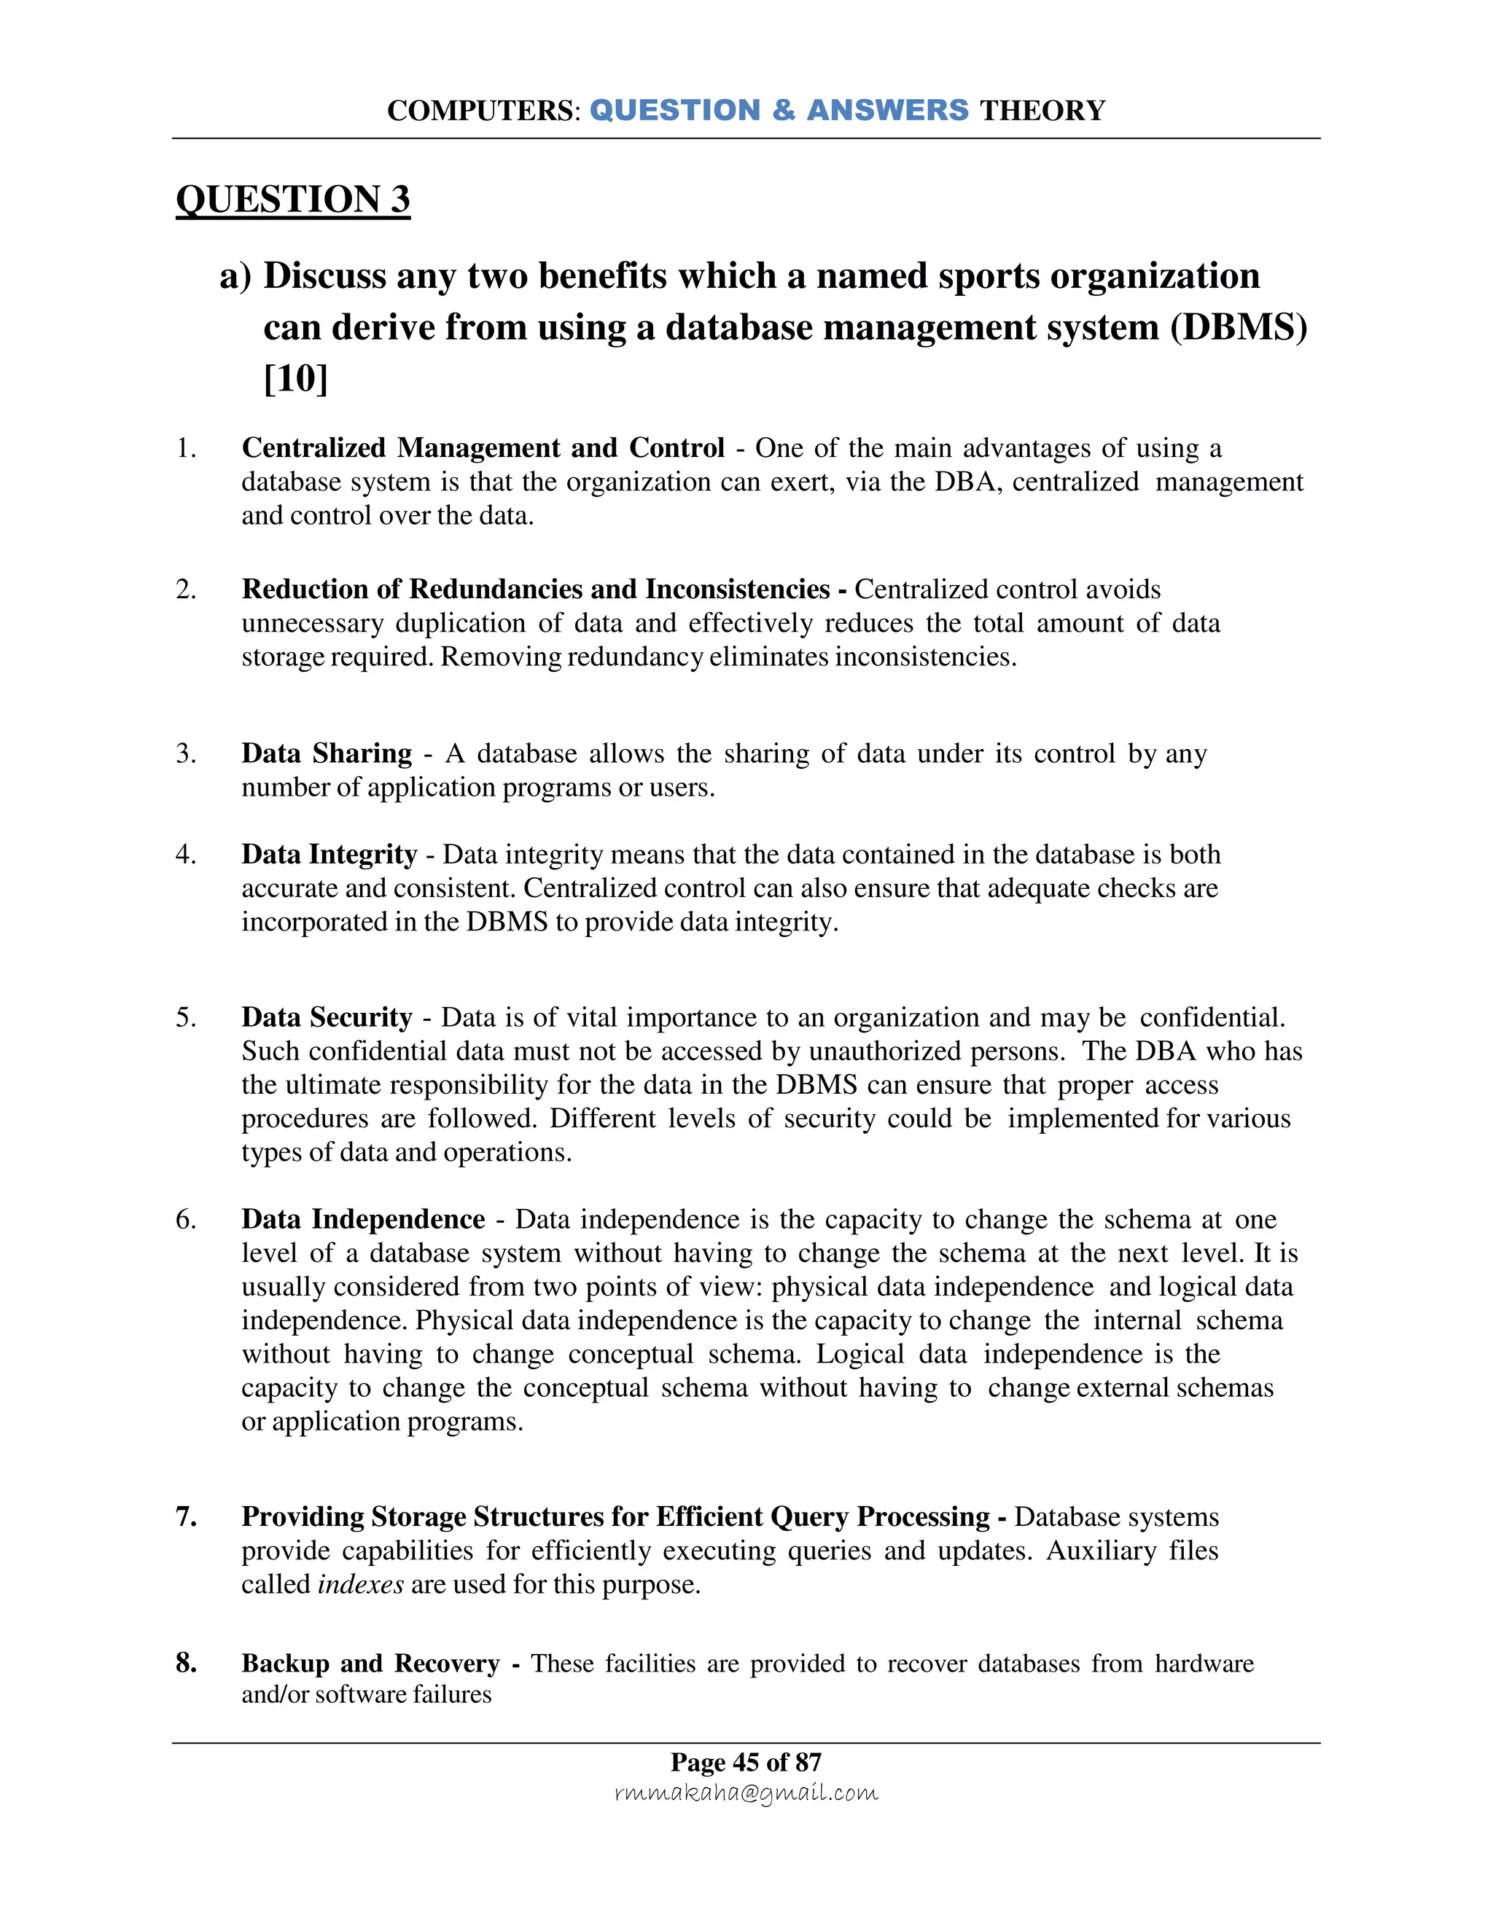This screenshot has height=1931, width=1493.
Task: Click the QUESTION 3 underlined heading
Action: tap(293, 199)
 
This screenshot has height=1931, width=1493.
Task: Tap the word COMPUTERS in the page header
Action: tap(482, 111)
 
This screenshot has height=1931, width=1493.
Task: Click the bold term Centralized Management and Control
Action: tap(483, 447)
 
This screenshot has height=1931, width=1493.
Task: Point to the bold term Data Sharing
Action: tap(327, 753)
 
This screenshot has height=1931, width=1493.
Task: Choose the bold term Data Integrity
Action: tap(329, 854)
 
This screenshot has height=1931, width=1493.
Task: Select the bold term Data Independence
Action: tap(362, 1219)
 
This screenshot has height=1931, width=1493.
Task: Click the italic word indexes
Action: tap(360, 1583)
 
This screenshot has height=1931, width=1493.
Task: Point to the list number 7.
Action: tap(186, 1517)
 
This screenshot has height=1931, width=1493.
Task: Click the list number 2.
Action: tap(186, 590)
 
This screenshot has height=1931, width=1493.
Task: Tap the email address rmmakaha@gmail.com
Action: tap(746, 1793)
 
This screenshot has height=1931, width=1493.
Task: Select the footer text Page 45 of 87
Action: tap(746, 1762)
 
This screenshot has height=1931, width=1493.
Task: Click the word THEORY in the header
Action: tap(1042, 111)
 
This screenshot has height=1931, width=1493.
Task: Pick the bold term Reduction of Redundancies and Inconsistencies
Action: tap(535, 590)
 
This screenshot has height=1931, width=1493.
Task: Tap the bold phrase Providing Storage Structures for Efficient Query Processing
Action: tap(615, 1517)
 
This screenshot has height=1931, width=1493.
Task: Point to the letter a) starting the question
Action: tap(235, 276)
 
